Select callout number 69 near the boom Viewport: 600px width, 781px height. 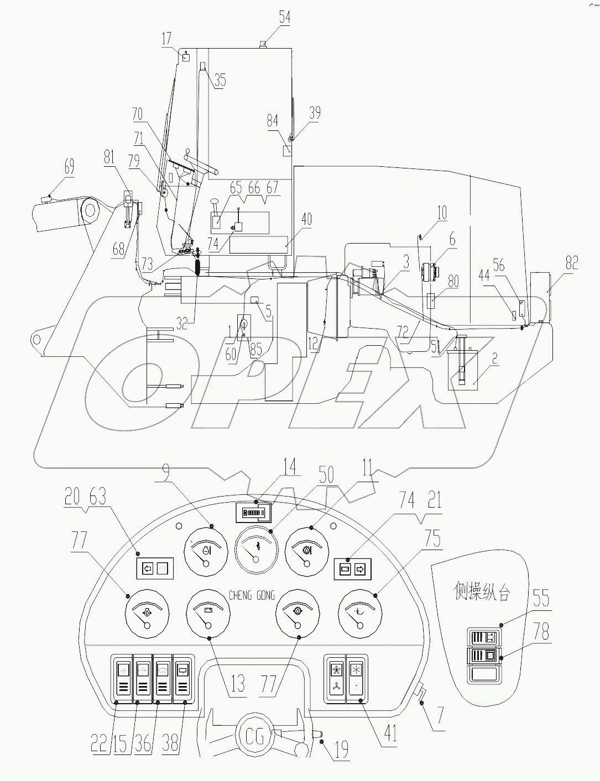point(69,166)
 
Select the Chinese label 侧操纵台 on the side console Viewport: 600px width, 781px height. point(481,594)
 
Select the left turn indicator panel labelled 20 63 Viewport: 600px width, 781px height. point(154,568)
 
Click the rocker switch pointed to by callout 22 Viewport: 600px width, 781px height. point(123,679)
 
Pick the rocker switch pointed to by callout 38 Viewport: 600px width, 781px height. point(183,679)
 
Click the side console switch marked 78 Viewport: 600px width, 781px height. point(484,656)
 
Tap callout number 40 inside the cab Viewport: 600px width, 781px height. point(306,219)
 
